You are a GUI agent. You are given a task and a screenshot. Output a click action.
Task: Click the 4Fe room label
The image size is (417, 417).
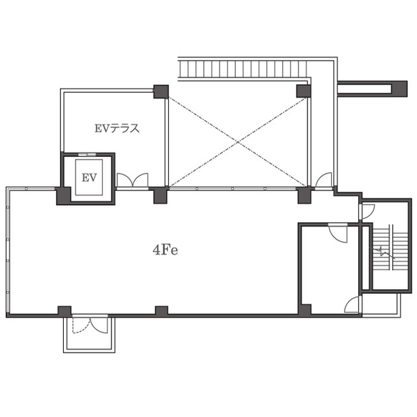[165, 250]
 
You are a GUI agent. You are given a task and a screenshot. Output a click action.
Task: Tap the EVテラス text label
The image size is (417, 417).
[117, 128]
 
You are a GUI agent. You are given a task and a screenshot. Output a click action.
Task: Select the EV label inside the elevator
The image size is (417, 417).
[89, 177]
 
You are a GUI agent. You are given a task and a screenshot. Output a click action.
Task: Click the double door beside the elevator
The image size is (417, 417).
[132, 180]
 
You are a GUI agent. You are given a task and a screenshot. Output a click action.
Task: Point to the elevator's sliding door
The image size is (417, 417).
[87, 154]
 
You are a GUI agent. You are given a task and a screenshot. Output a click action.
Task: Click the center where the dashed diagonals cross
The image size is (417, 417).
[237, 142]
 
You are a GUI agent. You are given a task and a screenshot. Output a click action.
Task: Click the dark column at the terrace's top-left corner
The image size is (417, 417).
[161, 92]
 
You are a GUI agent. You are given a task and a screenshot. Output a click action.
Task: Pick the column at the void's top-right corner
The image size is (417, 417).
[304, 91]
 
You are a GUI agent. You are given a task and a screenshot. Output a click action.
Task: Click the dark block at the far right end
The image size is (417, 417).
[400, 89]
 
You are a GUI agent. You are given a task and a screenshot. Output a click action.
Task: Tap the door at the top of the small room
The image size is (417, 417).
[338, 233]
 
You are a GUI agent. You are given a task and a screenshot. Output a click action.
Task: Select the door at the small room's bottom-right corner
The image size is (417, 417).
[352, 304]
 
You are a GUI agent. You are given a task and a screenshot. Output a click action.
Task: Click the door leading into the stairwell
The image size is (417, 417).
[367, 211]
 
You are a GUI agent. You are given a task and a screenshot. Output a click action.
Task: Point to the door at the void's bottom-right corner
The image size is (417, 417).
[324, 180]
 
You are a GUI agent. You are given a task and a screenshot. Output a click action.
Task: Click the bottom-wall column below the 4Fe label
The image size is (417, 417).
[162, 311]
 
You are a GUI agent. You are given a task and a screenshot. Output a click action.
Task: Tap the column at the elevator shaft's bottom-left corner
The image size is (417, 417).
[64, 195]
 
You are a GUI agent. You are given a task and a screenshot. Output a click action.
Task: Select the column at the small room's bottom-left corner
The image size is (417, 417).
[304, 310]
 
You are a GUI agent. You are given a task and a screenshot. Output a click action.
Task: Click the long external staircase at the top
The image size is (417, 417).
[243, 68]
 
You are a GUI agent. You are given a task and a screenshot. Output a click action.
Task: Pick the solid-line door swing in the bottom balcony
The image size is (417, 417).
[99, 325]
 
